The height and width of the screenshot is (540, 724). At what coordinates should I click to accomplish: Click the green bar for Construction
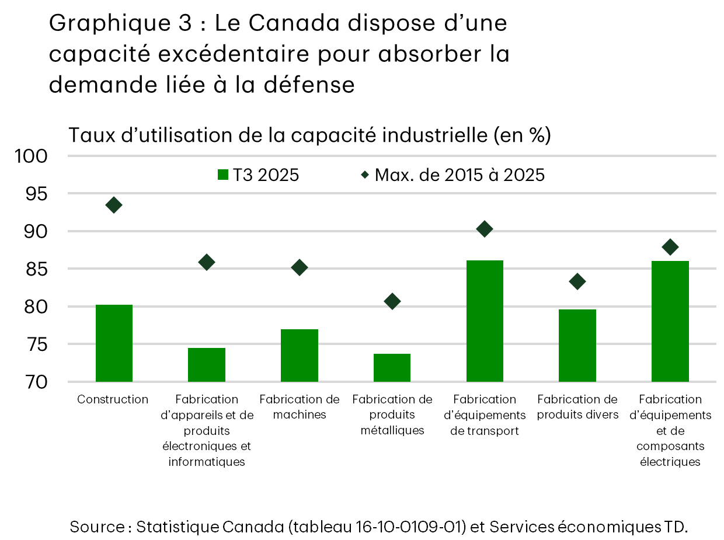(x=114, y=343)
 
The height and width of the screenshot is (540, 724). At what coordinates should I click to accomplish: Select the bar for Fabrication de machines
(x=299, y=356)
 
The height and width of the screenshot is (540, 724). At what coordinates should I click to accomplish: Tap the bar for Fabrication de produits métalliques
(x=392, y=368)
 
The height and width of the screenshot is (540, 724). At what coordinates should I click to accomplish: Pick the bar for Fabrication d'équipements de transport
(x=485, y=321)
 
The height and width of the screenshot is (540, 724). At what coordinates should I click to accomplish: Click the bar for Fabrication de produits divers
(x=577, y=346)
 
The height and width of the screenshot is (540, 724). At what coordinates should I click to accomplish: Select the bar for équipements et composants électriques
(x=670, y=321)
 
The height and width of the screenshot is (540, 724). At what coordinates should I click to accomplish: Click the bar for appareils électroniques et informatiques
(x=206, y=365)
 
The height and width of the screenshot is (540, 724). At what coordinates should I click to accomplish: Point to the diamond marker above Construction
(x=114, y=205)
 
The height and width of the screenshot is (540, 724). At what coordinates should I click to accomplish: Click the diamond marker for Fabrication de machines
(x=299, y=267)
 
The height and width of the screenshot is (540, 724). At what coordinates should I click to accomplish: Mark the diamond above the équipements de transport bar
(x=485, y=229)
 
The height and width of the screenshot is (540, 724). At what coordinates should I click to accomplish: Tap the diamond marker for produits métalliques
(x=392, y=301)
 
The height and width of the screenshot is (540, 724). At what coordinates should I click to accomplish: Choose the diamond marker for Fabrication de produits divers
(x=577, y=282)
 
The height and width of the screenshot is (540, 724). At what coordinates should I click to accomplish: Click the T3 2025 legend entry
(x=258, y=175)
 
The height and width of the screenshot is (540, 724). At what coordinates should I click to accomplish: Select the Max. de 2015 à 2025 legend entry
(x=453, y=175)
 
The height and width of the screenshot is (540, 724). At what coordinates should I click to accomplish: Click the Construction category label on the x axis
(x=113, y=399)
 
